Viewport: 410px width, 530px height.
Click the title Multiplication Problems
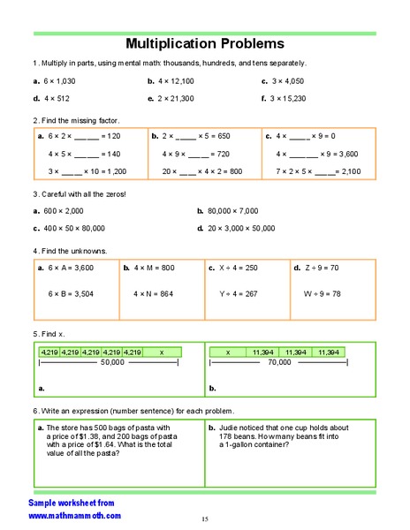click(x=204, y=42)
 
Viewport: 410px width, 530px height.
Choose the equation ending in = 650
click(x=195, y=137)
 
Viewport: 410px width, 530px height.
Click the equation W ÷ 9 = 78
click(x=323, y=292)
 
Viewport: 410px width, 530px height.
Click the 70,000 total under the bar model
click(x=279, y=362)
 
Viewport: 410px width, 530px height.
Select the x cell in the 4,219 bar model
click(x=162, y=352)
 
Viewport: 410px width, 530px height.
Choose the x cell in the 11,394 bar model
click(x=228, y=352)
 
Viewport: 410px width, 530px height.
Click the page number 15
click(x=204, y=519)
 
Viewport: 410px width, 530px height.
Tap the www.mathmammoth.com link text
click(x=74, y=515)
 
